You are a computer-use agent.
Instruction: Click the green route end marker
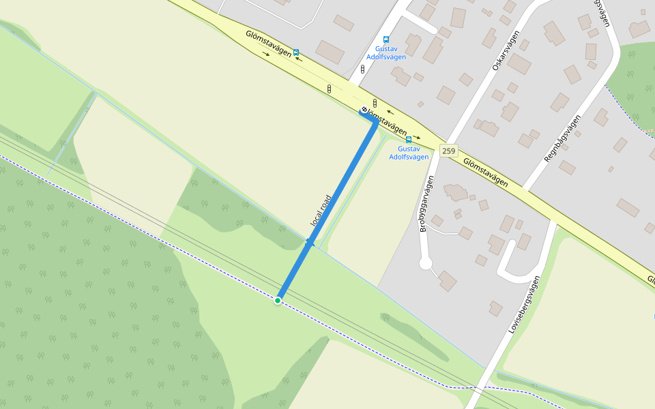[278, 300]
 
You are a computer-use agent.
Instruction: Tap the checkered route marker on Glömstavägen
[364, 110]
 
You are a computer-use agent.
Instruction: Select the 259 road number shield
[448, 151]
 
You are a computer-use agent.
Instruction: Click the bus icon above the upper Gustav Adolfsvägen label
[386, 40]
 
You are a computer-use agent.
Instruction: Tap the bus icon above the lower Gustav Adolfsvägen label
[409, 140]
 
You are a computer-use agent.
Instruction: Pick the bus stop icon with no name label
[296, 52]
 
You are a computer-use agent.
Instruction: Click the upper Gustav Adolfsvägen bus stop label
[386, 53]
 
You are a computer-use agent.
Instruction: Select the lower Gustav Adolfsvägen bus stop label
[409, 153]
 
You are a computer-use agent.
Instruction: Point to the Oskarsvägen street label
[506, 51]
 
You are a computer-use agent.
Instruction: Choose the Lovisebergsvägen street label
[524, 305]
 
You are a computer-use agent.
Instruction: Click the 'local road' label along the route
[320, 211]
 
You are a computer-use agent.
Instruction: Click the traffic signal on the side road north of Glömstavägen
[362, 69]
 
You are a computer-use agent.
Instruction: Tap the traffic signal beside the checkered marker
[375, 104]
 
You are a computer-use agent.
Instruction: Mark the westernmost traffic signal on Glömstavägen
[330, 89]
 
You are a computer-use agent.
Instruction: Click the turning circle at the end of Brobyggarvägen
[426, 264]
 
